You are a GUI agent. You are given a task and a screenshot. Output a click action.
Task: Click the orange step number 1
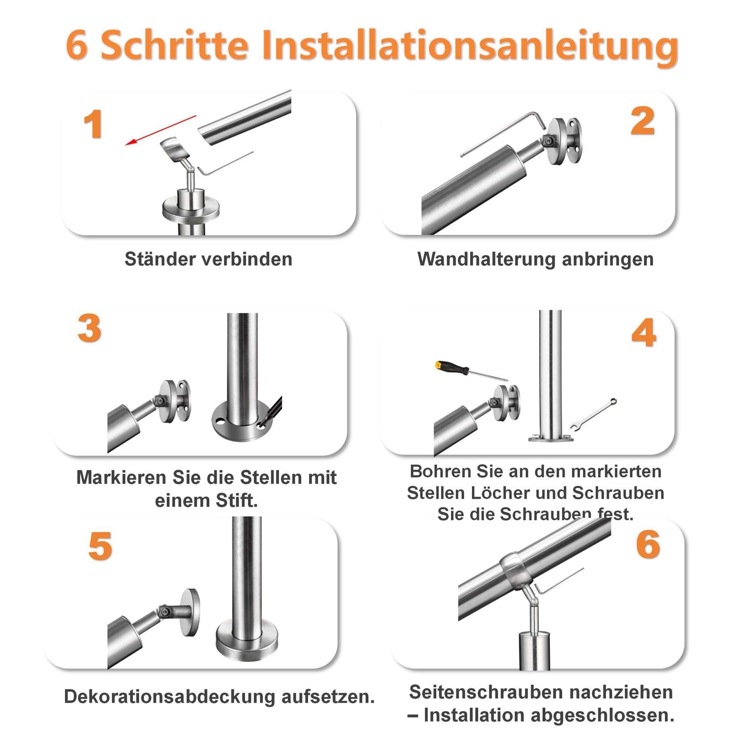coord(93,124)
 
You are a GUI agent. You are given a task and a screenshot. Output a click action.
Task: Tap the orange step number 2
coord(642,121)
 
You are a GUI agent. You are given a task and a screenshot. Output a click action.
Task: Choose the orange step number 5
coord(100,546)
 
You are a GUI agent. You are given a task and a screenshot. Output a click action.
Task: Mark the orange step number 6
coord(648,545)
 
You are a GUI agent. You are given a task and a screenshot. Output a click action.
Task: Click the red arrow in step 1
coord(161,130)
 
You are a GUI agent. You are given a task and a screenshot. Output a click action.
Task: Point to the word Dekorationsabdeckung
coord(169,696)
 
